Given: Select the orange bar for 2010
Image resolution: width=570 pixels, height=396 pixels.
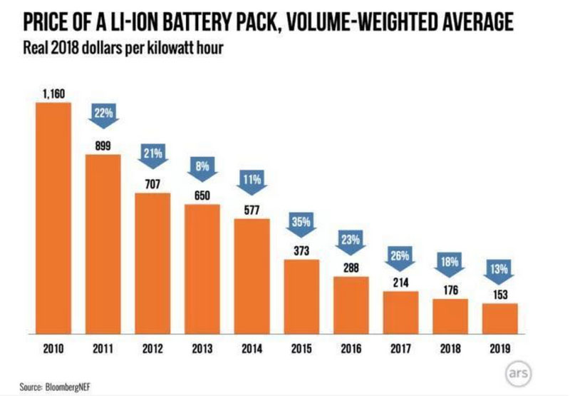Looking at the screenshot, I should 53,217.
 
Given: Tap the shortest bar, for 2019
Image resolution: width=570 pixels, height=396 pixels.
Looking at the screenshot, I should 499,318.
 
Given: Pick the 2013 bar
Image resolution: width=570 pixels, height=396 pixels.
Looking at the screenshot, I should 202,268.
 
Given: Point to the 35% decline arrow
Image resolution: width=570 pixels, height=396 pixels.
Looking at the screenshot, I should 301,223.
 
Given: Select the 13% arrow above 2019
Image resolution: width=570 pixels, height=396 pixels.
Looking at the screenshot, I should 499,272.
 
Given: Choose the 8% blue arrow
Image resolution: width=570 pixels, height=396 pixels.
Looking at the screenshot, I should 202,169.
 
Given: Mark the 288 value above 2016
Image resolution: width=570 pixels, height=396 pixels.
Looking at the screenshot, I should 351,269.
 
